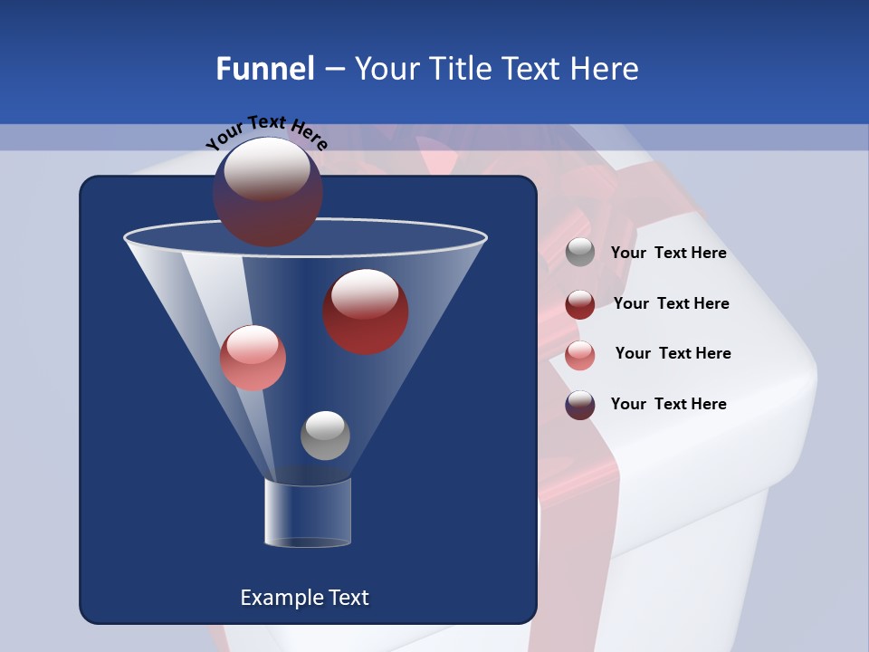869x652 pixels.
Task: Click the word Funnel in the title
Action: [265, 69]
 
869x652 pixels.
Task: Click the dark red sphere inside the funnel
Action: [365, 312]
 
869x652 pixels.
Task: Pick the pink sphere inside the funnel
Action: [253, 358]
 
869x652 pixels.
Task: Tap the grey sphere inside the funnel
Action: [325, 435]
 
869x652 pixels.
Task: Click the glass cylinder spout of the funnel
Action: [307, 513]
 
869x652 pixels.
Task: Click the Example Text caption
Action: [304, 598]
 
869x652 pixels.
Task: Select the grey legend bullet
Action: [580, 253]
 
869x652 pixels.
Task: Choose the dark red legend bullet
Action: [580, 304]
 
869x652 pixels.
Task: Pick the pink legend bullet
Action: [580, 355]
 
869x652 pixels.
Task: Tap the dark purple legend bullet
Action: [580, 405]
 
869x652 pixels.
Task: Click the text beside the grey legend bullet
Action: [668, 254]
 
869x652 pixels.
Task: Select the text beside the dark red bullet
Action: [671, 304]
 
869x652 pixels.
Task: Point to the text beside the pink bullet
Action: [673, 354]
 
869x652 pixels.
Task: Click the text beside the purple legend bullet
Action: [668, 404]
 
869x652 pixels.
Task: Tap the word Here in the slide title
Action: [606, 69]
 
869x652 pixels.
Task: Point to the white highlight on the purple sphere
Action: [266, 168]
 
